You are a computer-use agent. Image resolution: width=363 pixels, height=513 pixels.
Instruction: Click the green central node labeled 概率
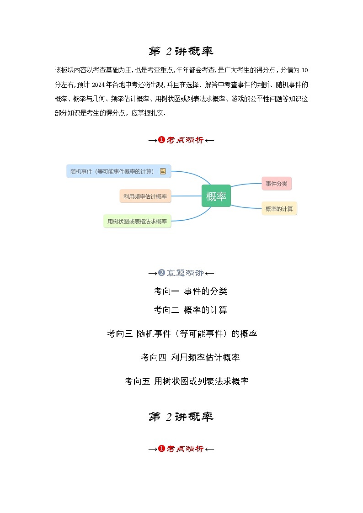[216, 196]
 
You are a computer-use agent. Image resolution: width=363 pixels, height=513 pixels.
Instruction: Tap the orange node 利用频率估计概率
[145, 196]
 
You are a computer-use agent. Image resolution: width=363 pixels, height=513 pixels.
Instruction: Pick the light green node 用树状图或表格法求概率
[137, 222]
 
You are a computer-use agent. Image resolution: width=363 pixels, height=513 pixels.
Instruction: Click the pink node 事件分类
[277, 184]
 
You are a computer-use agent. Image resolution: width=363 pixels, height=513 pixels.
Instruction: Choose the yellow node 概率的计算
[279, 209]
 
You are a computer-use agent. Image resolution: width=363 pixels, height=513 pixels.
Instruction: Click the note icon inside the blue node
[163, 171]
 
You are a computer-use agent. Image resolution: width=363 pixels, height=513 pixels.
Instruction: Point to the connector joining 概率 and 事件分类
[246, 184]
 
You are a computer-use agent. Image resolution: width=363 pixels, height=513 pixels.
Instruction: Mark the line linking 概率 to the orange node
[187, 196]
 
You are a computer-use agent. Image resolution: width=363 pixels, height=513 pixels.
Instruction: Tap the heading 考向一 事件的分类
[190, 291]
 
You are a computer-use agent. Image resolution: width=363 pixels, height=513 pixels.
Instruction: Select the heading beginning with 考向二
[190, 310]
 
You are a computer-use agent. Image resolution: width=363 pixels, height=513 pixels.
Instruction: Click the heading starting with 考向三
[182, 334]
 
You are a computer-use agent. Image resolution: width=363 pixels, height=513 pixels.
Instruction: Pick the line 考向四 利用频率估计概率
[190, 357]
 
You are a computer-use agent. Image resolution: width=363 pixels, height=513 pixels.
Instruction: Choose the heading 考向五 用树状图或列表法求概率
[187, 381]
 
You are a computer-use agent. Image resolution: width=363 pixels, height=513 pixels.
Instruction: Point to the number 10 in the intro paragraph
[305, 70]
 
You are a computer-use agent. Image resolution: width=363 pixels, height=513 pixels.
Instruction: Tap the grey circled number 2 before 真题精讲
[161, 273]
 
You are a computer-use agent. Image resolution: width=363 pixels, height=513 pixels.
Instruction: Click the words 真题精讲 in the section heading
[185, 273]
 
